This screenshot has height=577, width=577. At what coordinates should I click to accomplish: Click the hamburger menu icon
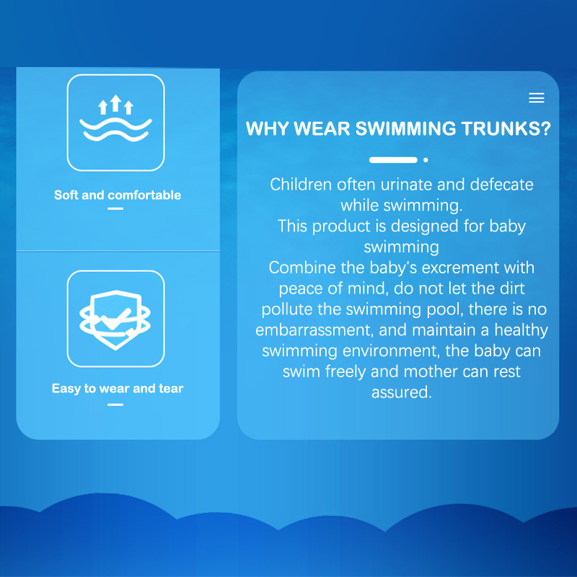point(536,98)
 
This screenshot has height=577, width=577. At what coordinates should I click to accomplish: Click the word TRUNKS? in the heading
point(506,128)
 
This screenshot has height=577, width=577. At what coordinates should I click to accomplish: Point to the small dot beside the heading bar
point(426,160)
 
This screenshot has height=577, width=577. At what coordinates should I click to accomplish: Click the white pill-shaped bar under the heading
point(393,160)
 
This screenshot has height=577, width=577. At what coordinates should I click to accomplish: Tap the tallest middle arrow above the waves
point(116,103)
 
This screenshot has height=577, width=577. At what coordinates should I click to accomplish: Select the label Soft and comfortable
point(118,195)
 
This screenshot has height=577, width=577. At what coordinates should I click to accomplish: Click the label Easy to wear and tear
point(118,389)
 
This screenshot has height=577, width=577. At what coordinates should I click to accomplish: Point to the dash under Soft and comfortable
point(115,208)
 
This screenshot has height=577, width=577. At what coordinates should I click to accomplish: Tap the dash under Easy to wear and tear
point(115,405)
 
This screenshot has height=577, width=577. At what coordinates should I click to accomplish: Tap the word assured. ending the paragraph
point(402,392)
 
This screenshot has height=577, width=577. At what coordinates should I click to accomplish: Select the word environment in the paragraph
point(391,351)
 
